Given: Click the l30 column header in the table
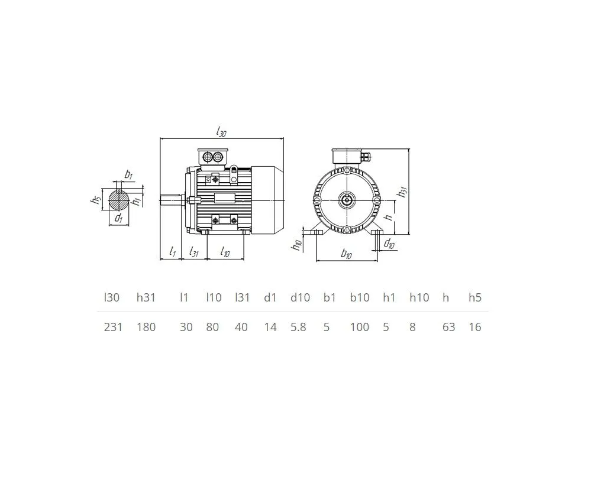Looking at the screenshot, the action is pyautogui.click(x=112, y=297).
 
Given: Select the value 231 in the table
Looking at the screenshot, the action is pyautogui.click(x=113, y=327).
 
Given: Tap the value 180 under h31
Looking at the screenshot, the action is pyautogui.click(x=146, y=327).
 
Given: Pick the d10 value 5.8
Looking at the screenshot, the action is pyautogui.click(x=298, y=327).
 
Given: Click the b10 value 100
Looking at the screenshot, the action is pyautogui.click(x=360, y=327).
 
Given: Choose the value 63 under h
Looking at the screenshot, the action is pyautogui.click(x=448, y=327).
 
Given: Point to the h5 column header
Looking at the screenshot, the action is pyautogui.click(x=475, y=297).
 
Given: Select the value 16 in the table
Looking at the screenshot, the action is pyautogui.click(x=475, y=327).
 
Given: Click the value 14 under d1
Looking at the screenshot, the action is pyautogui.click(x=270, y=327).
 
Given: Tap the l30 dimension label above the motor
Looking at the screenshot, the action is pyautogui.click(x=221, y=131).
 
